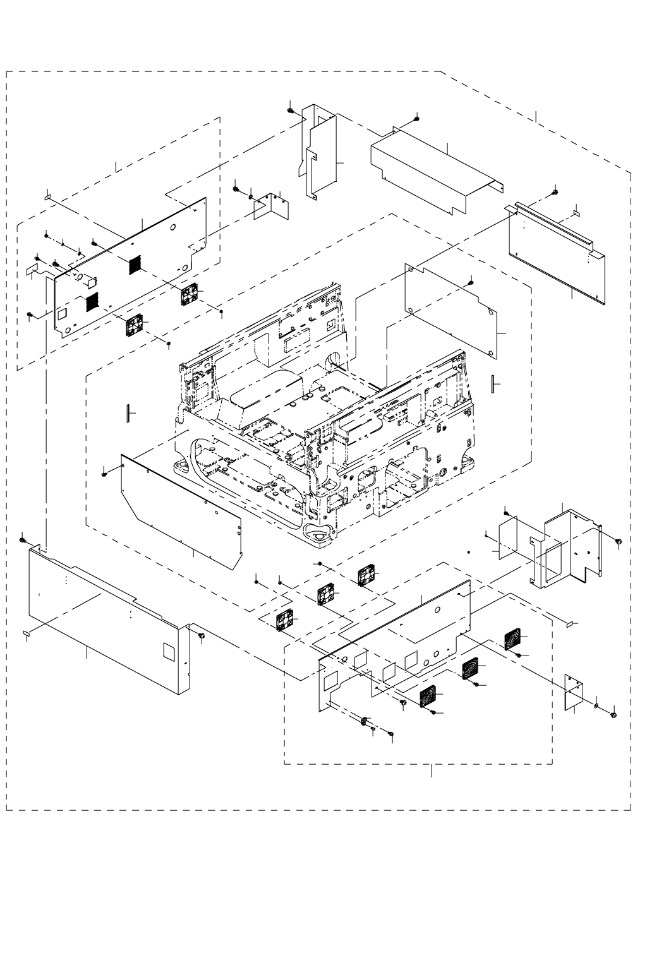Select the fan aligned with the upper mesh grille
coord(190,294)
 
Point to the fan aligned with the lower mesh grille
coord(135,326)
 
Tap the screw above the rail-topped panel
coord(555,193)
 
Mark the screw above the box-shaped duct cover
coord(416,119)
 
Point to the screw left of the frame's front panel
coord(104,474)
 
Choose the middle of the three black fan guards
coord(469,669)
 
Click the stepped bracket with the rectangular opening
coord(565,546)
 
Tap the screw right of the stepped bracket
coord(619,541)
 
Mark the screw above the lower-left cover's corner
coord(23,541)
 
